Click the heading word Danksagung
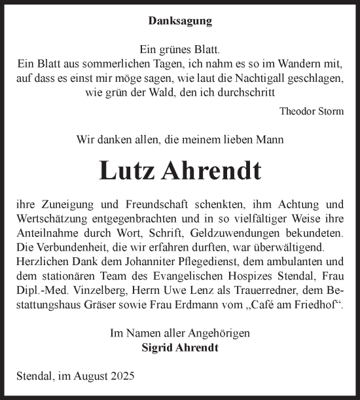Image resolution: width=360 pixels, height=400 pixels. tap(180, 21)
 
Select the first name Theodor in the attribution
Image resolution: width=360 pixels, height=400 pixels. tap(297, 111)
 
